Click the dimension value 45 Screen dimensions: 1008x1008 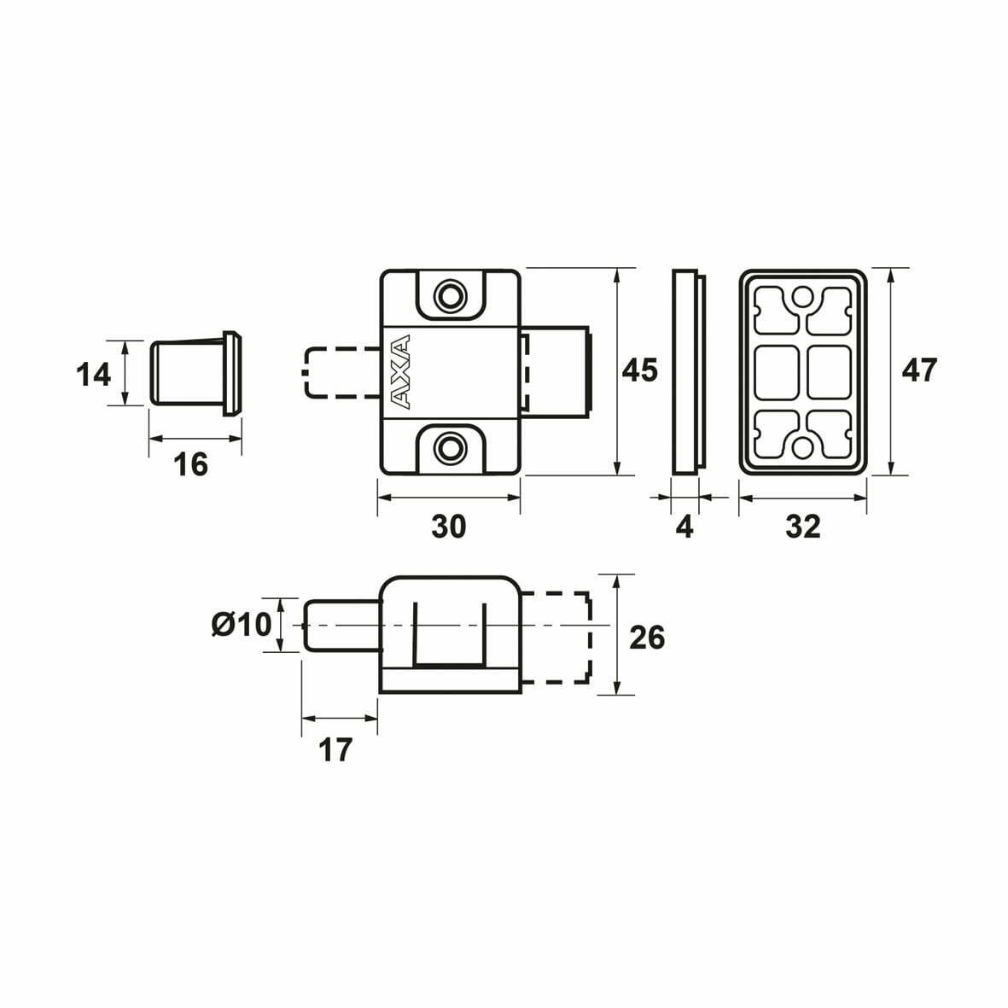[x=639, y=371]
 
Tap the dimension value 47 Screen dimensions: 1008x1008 [x=919, y=371]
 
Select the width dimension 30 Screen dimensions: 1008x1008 [x=448, y=527]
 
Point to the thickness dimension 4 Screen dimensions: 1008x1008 [x=685, y=527]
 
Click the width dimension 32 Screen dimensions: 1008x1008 [x=803, y=527]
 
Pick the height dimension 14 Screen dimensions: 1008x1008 [x=93, y=375]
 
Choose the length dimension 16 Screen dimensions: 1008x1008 [x=191, y=464]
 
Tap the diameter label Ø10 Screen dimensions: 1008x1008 [x=242, y=624]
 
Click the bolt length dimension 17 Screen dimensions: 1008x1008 [x=335, y=750]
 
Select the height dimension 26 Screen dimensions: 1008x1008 [x=647, y=638]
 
